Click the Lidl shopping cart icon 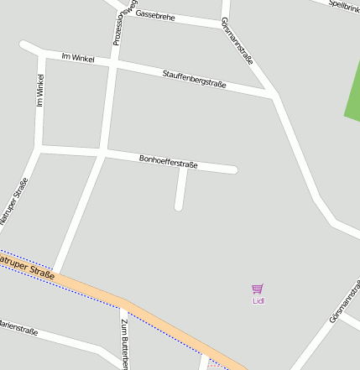pyautogui.click(x=258, y=289)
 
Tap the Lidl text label pyautogui.click(x=258, y=300)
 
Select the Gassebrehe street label pyautogui.click(x=154, y=15)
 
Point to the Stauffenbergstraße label pyautogui.click(x=195, y=80)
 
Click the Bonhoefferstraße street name pyautogui.click(x=168, y=161)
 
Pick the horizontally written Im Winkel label pyautogui.click(x=78, y=58)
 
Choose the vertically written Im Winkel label pyautogui.click(x=39, y=90)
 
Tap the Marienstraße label pyautogui.click(x=17, y=327)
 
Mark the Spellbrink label pyautogui.click(x=344, y=5)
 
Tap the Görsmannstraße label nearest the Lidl pyautogui.click(x=345, y=303)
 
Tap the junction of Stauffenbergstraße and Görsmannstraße pyautogui.click(x=273, y=96)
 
